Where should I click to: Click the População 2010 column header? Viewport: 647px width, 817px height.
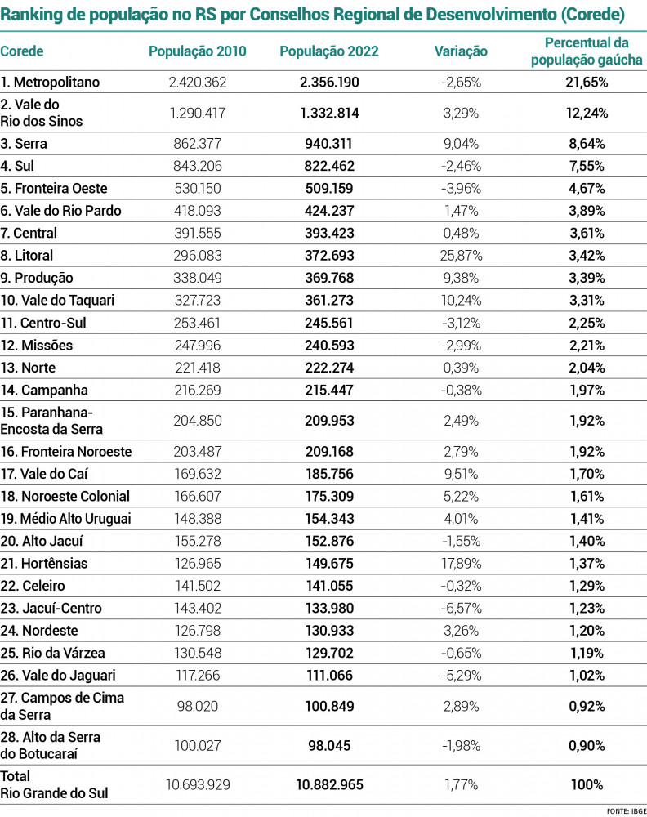197,51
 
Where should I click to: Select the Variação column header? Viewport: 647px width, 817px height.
461,51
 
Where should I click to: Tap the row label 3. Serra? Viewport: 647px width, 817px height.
25,144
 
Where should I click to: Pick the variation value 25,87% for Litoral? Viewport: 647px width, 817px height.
462,256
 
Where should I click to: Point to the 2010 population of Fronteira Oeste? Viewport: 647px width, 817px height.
197,189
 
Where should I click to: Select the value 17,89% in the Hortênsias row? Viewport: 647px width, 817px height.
462,564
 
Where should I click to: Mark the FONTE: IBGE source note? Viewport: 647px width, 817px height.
626,810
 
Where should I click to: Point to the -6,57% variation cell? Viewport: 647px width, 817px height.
462,609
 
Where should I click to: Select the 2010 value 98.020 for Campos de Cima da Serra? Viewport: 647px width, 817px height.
197,706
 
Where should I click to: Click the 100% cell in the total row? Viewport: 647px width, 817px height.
587,785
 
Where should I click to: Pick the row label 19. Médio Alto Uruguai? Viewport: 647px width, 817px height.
65,519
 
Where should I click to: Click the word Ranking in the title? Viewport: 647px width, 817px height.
32,15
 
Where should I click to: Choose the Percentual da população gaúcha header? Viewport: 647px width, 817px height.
587,51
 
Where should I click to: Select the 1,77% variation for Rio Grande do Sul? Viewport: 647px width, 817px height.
462,785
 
